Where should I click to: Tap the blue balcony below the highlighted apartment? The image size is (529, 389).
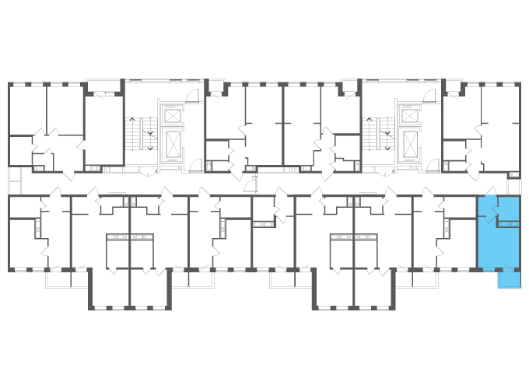coord(509,279)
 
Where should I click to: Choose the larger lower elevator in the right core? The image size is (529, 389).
coord(408,144)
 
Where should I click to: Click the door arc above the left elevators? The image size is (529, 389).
coord(193,96)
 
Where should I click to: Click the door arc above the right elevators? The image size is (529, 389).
coord(429,96)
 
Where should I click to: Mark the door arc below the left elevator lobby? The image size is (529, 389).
coord(195,165)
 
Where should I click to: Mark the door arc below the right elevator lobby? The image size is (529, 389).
coord(432,165)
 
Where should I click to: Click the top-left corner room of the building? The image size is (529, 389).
coord(27,109)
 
